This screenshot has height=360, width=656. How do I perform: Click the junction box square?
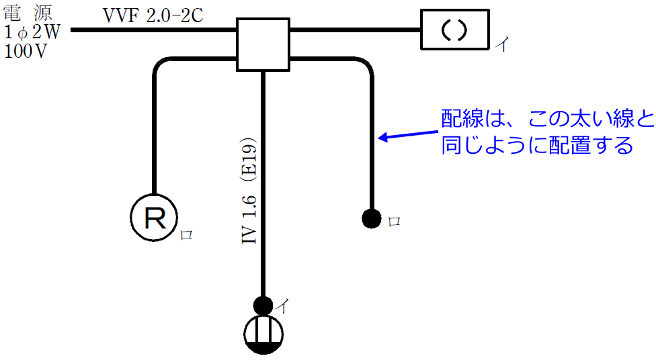point(263,44)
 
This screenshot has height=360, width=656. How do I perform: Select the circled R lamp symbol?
point(154,216)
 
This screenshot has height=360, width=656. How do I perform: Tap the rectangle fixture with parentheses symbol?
point(454,30)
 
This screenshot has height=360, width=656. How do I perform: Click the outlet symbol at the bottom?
point(263,334)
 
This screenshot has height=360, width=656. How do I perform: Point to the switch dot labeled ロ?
point(372,218)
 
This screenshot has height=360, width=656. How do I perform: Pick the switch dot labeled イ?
point(263,306)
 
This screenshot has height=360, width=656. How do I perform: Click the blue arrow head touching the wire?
point(381,138)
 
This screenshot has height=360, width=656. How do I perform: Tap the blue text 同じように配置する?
point(536,145)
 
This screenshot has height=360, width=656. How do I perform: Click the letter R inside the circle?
point(154,216)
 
